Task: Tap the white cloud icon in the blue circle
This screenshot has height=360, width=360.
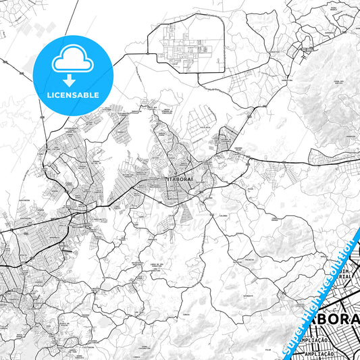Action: tap(71, 60)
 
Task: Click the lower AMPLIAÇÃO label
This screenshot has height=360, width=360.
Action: tap(319, 353)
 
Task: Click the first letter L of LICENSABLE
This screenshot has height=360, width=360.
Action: tap(47, 95)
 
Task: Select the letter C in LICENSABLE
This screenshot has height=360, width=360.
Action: tap(55, 95)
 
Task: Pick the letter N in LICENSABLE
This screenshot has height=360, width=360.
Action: tap(67, 95)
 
